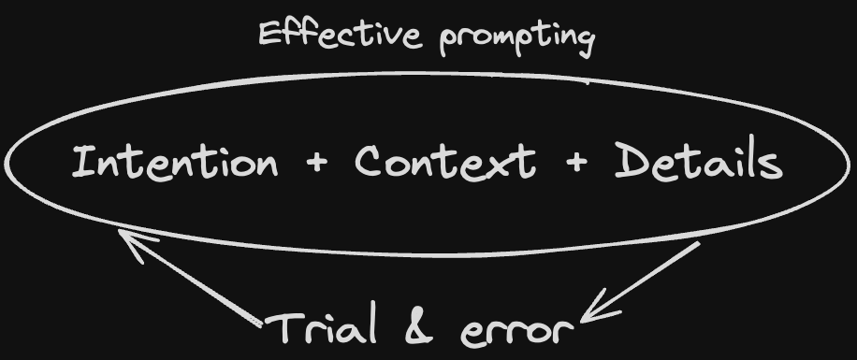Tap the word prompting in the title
click(516, 38)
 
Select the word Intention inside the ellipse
click(175, 163)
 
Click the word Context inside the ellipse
click(444, 163)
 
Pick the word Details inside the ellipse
click(698, 163)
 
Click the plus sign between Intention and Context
click(317, 164)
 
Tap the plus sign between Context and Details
click(575, 164)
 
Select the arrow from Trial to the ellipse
click(192, 281)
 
